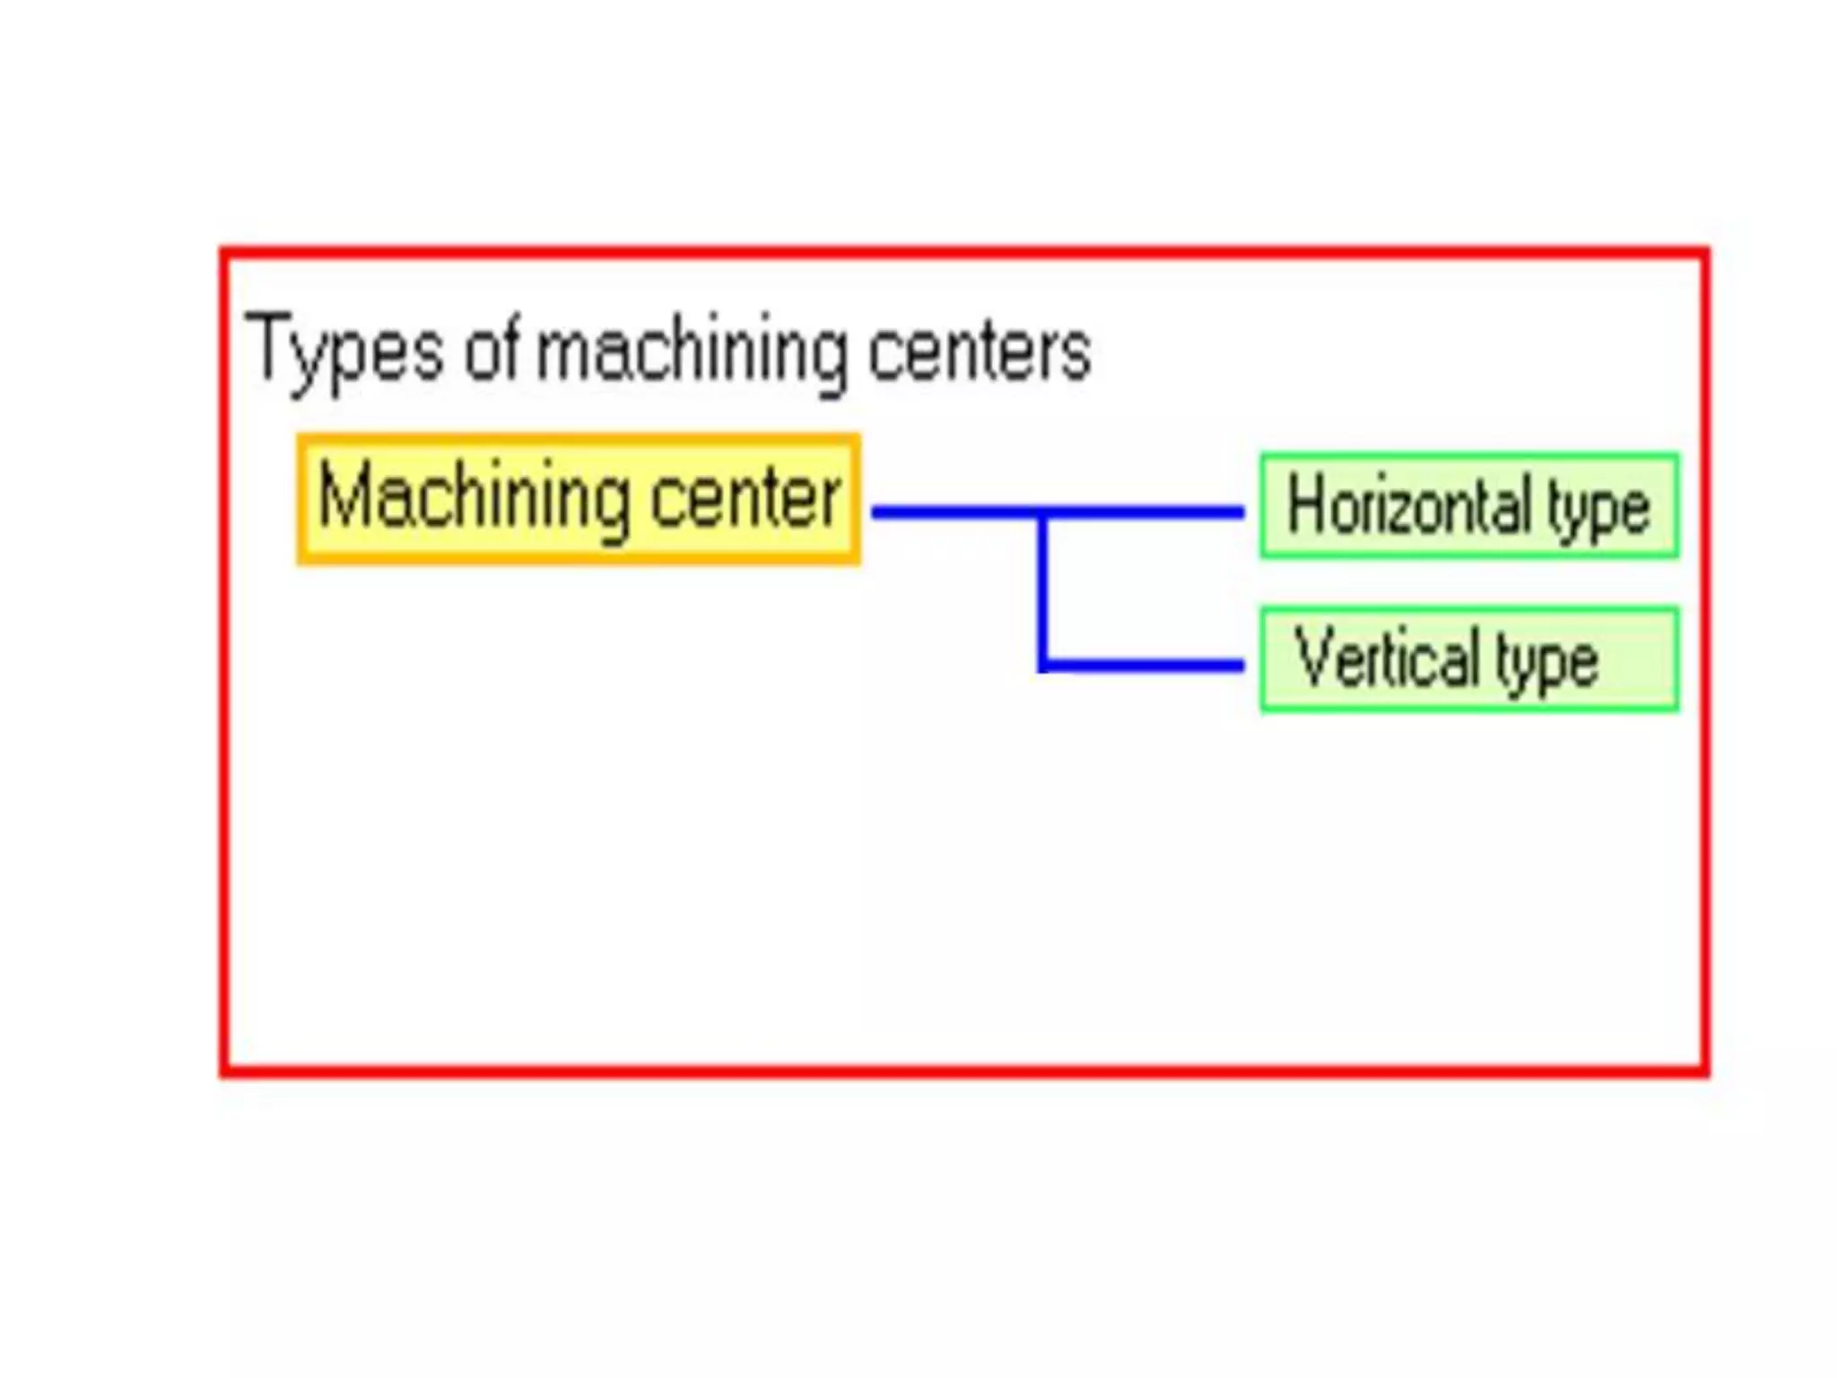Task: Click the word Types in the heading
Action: [344, 352]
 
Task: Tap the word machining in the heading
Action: [691, 352]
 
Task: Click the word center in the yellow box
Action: [745, 498]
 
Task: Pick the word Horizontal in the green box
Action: [1409, 506]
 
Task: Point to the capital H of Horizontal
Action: [1306, 506]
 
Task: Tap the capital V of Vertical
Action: [1314, 658]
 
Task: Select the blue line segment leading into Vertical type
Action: [1144, 666]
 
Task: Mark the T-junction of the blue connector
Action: [1042, 513]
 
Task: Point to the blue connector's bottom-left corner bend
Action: [1043, 666]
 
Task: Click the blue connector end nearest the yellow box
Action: [877, 513]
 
